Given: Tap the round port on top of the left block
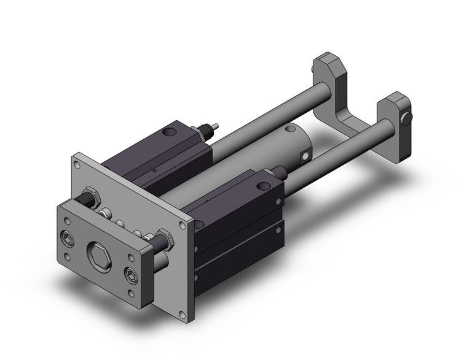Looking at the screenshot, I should (x=168, y=132).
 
